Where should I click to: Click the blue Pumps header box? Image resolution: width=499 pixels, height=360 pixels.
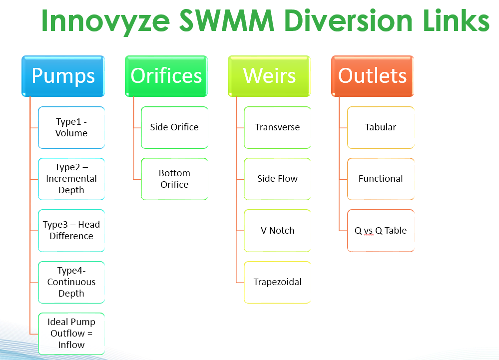coord(63,76)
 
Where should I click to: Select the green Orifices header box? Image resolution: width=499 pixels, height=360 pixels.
coord(166,76)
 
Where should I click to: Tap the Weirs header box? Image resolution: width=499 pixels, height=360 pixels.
coord(269,76)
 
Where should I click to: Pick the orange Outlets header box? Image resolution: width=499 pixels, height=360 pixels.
coord(372,76)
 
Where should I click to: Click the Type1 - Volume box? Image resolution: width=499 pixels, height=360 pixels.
coord(71,127)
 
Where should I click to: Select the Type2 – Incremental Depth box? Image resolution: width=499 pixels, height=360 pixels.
coord(71,179)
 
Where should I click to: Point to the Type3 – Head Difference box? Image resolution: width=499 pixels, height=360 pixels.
coord(71,230)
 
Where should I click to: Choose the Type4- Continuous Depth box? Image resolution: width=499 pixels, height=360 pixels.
coord(71,282)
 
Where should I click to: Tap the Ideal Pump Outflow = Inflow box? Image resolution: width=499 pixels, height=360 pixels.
coord(71,334)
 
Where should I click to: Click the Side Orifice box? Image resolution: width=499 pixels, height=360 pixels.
coord(174,127)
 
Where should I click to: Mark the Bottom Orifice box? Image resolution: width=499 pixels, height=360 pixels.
coord(174,179)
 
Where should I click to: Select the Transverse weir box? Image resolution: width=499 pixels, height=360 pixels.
coord(277,127)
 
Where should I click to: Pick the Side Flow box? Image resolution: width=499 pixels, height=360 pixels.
coord(277,179)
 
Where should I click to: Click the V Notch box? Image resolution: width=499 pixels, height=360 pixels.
coord(277,230)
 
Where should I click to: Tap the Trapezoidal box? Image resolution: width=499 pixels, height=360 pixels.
coord(277,282)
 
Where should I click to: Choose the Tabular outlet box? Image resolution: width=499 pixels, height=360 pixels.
coord(381,127)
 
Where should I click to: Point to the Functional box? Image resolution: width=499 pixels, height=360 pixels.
coord(381,179)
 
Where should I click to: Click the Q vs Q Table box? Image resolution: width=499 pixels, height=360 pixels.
coord(381,230)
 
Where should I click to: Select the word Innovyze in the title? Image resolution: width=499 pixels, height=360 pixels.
coord(106,22)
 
